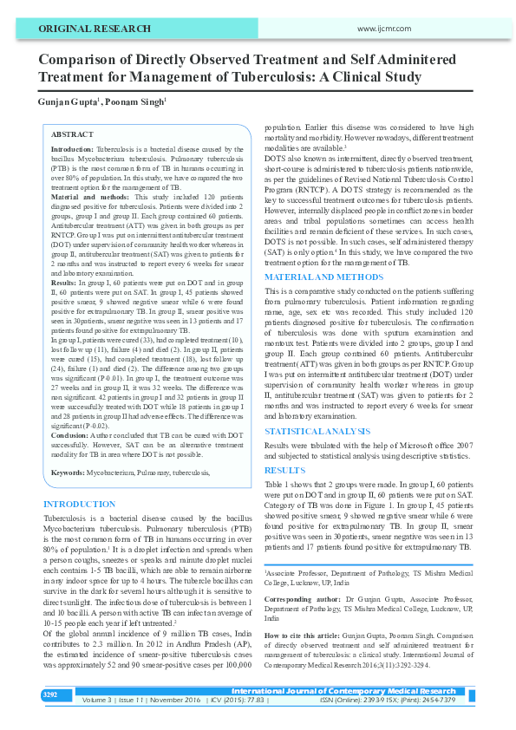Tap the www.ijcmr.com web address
point(382,29)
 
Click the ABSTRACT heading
point(73,135)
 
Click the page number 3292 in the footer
point(50,695)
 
